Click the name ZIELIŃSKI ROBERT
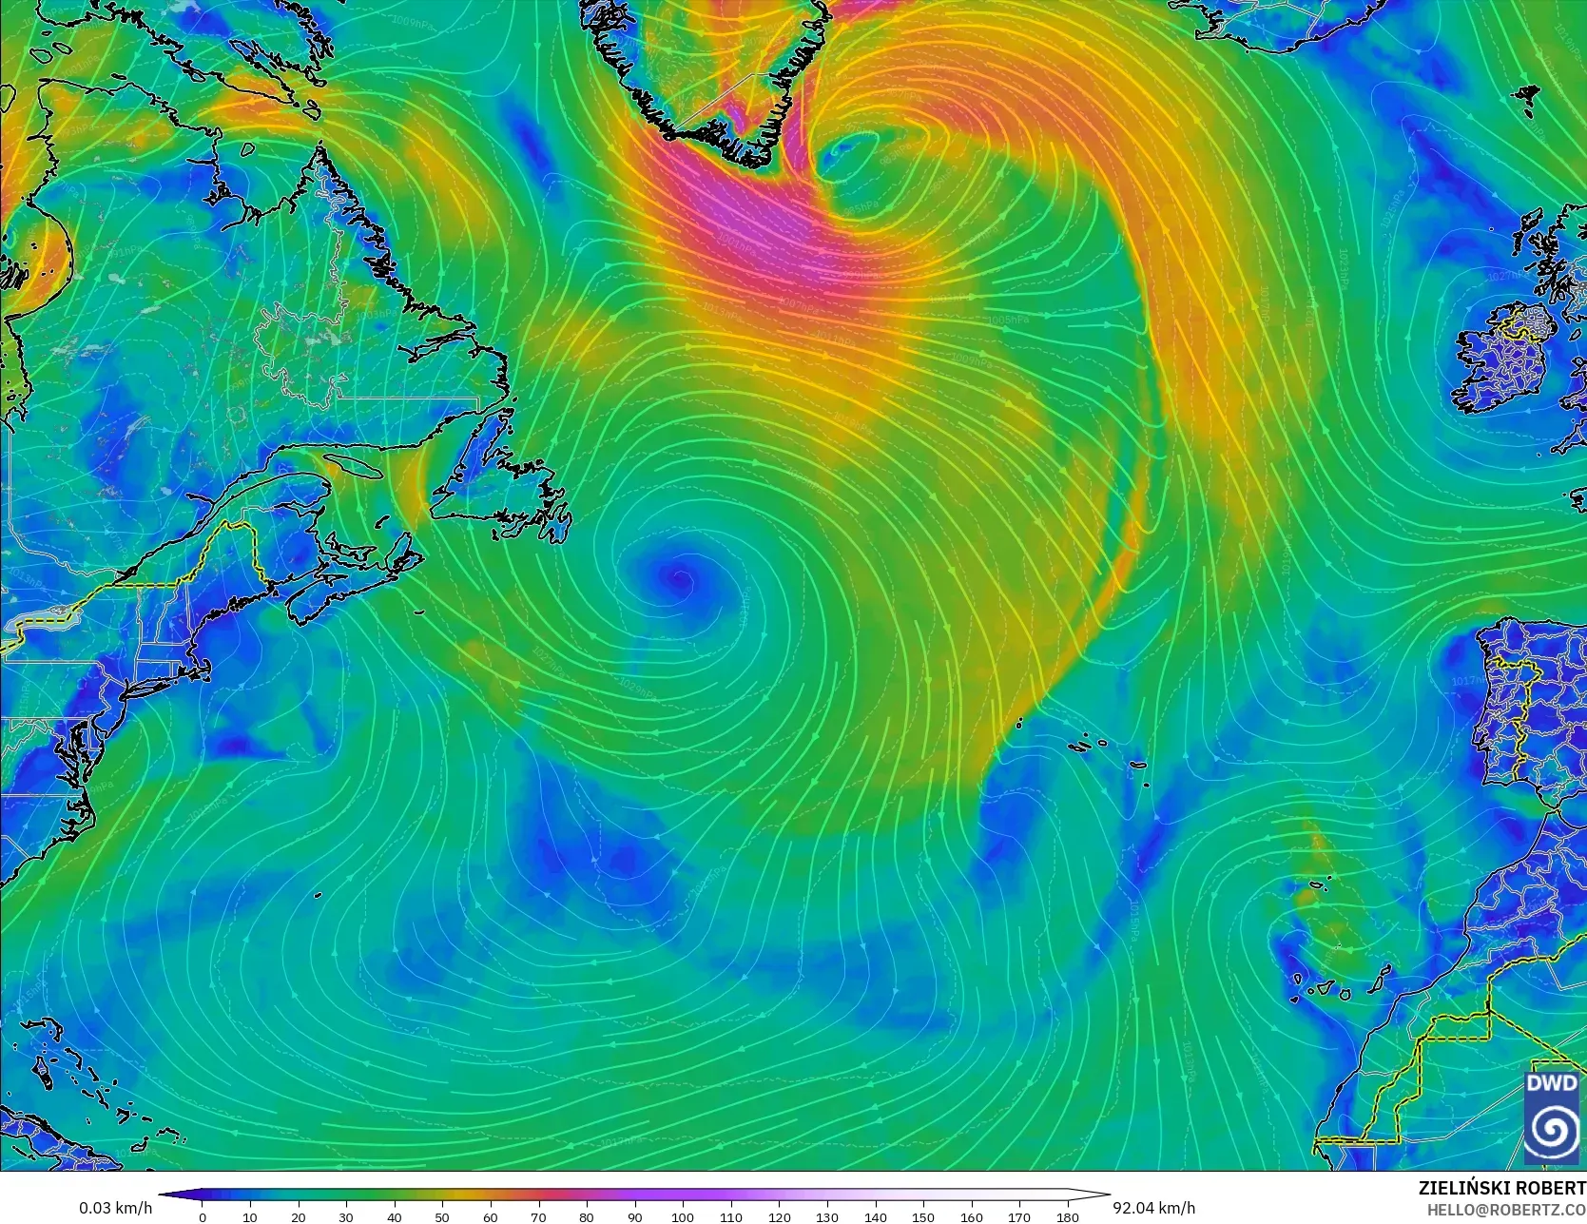point(1501,1188)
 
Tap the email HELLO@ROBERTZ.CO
point(1506,1208)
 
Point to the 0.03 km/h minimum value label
point(115,1208)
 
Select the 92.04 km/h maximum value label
point(1153,1208)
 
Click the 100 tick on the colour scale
point(683,1216)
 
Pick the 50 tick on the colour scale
point(442,1216)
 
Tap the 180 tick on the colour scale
point(1068,1216)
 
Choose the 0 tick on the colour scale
point(202,1216)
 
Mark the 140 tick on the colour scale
point(875,1216)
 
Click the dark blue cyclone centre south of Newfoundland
point(679,576)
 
